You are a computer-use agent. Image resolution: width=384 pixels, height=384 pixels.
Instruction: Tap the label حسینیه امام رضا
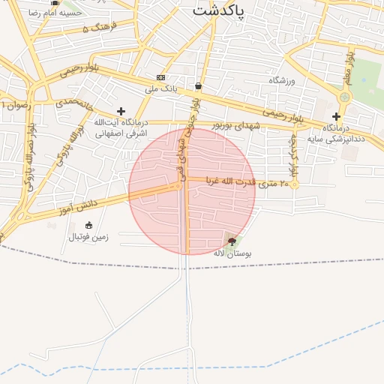(x=55, y=14)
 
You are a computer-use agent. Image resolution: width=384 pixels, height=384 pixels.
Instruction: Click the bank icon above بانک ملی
(x=161, y=77)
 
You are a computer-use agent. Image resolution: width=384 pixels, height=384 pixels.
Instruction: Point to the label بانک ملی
(x=161, y=88)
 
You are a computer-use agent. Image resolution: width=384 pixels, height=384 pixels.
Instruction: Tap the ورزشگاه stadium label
(x=283, y=79)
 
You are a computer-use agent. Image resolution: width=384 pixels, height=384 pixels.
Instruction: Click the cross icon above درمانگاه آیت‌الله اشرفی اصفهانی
(x=121, y=111)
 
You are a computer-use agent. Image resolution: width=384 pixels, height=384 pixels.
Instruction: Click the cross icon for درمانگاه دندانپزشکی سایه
(x=336, y=116)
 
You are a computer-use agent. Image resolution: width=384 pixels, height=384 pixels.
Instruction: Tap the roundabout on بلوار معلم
(x=344, y=97)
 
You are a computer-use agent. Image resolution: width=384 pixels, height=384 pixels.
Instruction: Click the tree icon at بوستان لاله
(x=232, y=241)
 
